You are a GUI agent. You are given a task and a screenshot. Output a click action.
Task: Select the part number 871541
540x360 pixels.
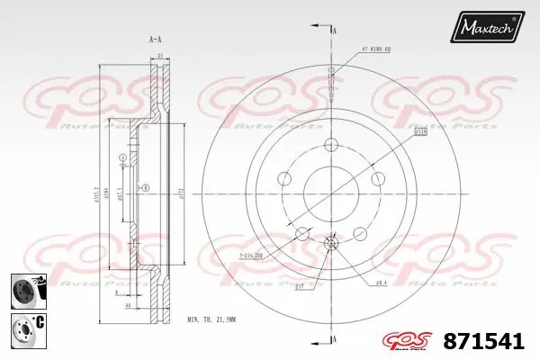485,341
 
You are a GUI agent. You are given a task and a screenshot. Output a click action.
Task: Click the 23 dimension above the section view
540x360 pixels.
158,57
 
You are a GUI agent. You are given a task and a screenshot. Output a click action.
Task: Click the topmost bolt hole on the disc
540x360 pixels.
331,144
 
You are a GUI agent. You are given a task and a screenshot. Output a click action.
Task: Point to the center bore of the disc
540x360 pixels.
331,191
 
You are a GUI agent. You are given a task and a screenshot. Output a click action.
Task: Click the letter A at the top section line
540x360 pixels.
334,31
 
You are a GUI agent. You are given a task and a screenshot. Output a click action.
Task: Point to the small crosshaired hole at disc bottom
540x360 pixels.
331,244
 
